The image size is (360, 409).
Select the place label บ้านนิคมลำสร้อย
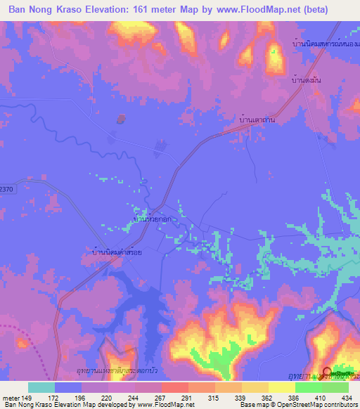pos(118,250)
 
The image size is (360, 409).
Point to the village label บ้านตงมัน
pos(307,81)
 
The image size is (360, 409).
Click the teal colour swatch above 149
pos(41,387)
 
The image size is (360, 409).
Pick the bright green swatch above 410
pos(309,387)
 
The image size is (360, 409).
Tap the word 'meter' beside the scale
pos(13,397)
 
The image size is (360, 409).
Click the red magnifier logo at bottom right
pos(328,372)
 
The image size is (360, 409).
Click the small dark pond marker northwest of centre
pos(121,118)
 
